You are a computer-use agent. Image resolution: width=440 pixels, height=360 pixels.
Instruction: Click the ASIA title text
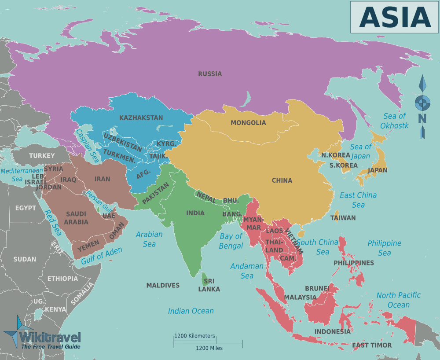395,17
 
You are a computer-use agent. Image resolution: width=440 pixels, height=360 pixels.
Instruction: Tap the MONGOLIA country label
248,123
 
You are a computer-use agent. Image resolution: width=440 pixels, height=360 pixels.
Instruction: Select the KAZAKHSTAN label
141,118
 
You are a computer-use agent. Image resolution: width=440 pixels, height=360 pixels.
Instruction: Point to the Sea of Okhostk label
395,121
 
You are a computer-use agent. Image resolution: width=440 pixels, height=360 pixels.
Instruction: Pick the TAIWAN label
343,218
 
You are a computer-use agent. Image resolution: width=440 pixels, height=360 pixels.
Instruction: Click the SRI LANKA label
209,285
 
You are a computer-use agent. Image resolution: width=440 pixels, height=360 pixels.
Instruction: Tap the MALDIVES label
163,285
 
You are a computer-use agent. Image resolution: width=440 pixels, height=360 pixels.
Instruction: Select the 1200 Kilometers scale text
194,336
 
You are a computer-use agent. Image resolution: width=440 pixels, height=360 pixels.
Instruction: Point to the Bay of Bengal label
231,241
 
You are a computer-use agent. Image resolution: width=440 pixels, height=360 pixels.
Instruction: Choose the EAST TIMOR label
372,345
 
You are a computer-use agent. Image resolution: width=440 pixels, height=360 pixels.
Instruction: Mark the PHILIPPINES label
353,263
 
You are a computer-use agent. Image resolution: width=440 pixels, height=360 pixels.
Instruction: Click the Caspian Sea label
87,146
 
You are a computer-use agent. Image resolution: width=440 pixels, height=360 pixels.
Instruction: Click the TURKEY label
42,155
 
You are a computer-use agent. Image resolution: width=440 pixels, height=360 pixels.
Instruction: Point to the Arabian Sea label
149,239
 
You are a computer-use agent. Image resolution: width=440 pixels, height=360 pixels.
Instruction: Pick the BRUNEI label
317,288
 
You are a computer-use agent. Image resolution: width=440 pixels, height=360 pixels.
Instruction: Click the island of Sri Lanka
205,279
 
